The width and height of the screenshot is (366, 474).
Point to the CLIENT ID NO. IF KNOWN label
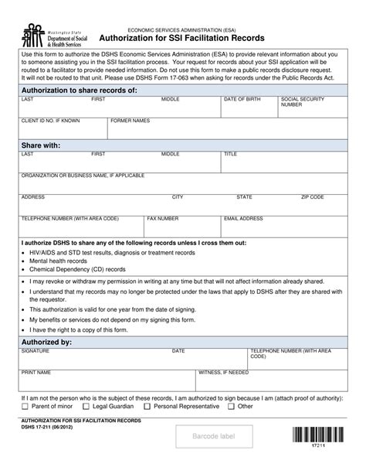click(50, 121)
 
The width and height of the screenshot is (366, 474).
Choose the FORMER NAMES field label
click(130, 121)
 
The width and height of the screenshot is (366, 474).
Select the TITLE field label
click(231, 155)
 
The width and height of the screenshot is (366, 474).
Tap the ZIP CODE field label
click(312, 197)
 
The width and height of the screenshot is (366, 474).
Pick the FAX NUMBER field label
click(163, 219)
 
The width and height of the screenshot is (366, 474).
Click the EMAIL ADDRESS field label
click(243, 219)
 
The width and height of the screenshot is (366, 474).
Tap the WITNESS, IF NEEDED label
click(224, 372)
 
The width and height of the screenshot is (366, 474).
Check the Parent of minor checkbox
click(25, 406)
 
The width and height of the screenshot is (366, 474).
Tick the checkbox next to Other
click(231, 406)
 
